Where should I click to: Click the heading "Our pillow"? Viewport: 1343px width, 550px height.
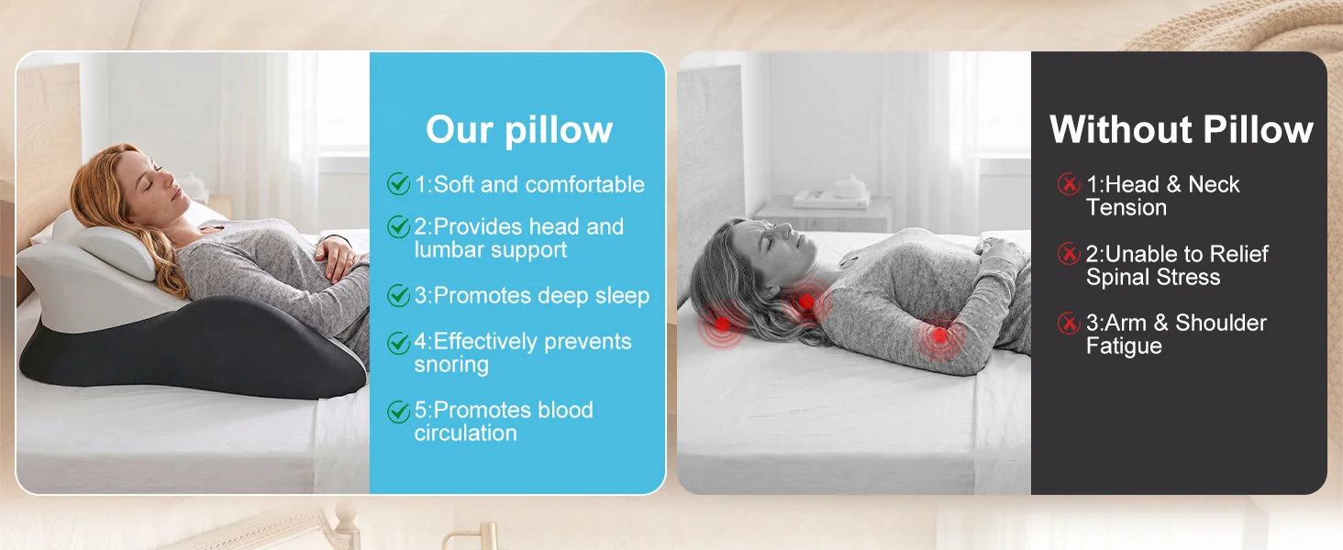click(519, 129)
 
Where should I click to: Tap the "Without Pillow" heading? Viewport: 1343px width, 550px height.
click(1182, 129)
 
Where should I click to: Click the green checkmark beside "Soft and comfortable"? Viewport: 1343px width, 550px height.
click(398, 184)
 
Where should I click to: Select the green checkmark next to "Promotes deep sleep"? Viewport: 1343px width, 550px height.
click(398, 295)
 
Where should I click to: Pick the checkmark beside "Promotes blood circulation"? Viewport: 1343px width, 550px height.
click(398, 412)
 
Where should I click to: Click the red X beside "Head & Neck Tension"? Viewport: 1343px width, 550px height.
click(1069, 184)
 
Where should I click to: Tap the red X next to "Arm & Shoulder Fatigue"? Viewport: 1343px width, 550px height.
click(1069, 323)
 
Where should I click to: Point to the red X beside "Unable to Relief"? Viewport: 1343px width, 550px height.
click(1069, 253)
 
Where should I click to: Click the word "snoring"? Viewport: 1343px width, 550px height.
click(451, 365)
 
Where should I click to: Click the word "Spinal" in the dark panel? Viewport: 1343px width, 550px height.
click(1115, 278)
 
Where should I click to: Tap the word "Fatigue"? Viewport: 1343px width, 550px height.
click(1124, 346)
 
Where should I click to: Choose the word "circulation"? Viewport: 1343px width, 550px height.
click(466, 434)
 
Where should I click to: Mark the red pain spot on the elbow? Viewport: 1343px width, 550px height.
click(939, 335)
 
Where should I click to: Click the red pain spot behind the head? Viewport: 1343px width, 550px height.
click(723, 324)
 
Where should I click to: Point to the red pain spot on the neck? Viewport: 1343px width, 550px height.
click(806, 301)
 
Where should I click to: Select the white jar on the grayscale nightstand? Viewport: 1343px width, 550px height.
click(850, 186)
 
